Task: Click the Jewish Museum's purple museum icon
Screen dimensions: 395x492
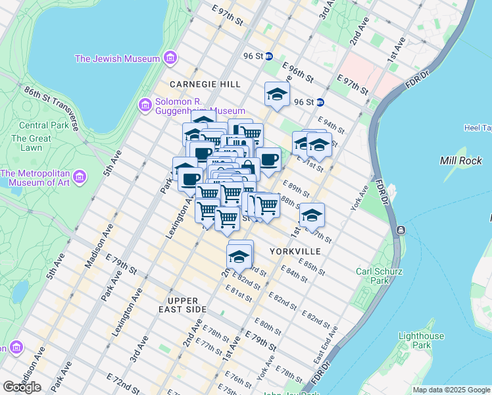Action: tap(171, 58)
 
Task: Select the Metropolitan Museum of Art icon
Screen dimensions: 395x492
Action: tap(80, 177)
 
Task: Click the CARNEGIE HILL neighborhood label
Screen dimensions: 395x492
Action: tap(205, 84)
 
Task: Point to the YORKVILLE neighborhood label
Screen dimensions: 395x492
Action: tap(295, 251)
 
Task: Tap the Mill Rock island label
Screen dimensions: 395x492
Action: tap(460, 161)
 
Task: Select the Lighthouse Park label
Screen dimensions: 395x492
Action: tap(412, 340)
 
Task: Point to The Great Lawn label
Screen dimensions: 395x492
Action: tap(31, 143)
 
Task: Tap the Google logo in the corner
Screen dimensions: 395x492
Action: tap(22, 386)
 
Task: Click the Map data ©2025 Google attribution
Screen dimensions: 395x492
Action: tap(451, 390)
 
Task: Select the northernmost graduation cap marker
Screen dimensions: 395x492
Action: tap(277, 94)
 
